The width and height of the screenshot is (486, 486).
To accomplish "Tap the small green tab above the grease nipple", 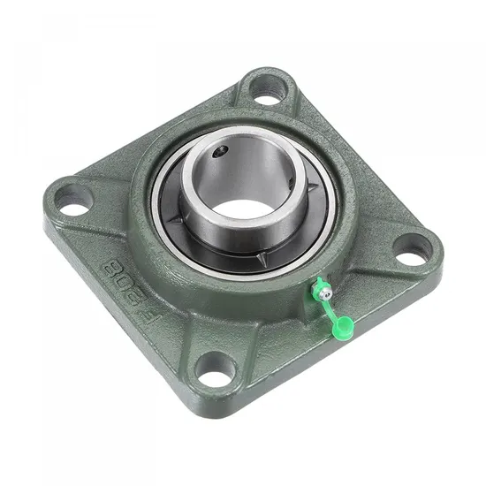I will (x=315, y=282).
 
